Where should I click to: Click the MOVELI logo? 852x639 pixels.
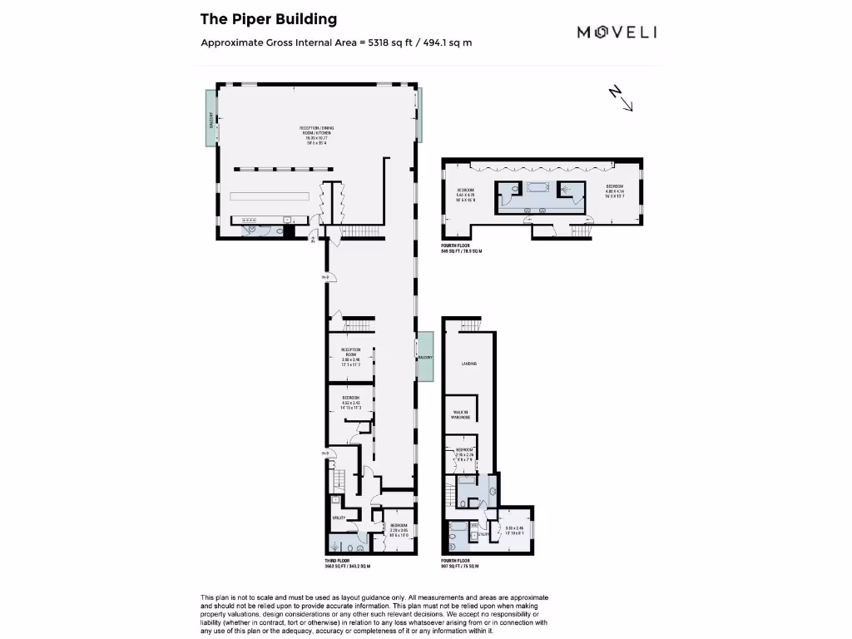click(x=617, y=32)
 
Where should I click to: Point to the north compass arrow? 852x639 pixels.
click(x=622, y=98)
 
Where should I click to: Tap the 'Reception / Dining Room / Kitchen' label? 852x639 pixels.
click(x=317, y=135)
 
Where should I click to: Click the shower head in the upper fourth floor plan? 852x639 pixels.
click(x=569, y=189)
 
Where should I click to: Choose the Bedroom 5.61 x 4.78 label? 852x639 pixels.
click(x=464, y=195)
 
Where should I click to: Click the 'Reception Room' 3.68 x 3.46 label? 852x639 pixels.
click(x=350, y=356)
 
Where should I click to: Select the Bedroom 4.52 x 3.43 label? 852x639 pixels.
click(x=350, y=404)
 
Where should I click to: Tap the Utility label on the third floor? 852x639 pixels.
click(x=339, y=518)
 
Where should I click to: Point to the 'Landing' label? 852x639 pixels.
click(x=468, y=364)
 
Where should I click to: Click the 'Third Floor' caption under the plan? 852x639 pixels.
click(x=337, y=562)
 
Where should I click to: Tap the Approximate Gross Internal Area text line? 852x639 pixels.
click(x=336, y=42)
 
